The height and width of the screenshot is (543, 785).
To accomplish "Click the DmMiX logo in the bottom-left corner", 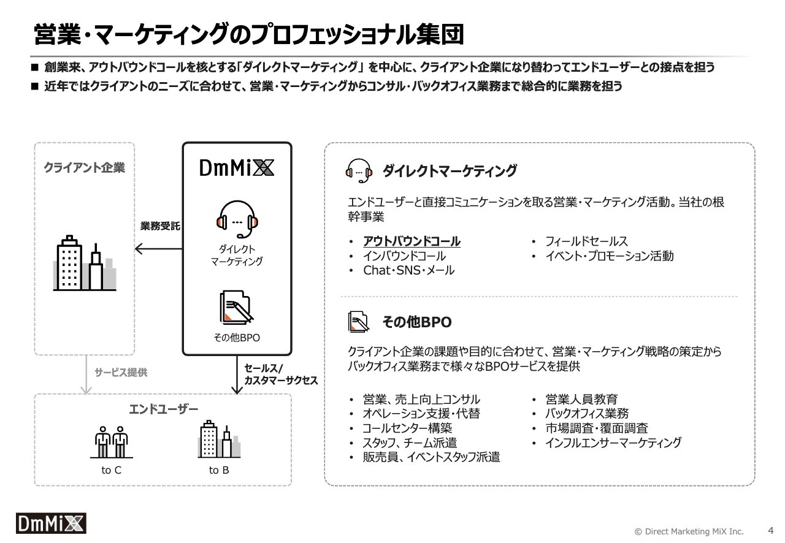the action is pos(51,523).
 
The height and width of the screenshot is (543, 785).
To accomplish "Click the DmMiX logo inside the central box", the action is pos(237,167).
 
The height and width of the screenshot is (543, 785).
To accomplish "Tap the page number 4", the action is pos(771,530).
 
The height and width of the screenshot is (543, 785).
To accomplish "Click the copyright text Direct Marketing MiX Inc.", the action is pos(689,531).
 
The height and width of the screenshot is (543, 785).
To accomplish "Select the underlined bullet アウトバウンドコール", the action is pos(412,241).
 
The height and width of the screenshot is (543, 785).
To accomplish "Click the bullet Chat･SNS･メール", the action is pos(408,270).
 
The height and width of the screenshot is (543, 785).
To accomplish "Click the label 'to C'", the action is pos(112,470).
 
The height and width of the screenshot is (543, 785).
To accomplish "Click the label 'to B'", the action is pos(219,470).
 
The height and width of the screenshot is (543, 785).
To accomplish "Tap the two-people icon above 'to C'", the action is pos(112,442).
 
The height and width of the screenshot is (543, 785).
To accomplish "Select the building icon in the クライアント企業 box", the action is pos(85,263).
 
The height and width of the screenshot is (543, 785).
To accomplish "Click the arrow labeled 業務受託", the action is pos(159,249).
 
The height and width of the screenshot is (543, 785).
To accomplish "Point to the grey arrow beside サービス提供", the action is pos(86,374).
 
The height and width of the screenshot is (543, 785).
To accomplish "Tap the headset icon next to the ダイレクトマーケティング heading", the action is pos(359,170).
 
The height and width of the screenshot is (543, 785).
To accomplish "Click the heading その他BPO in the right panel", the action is pos(417,322).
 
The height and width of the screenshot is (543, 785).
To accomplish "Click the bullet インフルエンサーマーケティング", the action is pos(613,443).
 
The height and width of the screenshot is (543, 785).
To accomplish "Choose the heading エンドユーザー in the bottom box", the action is pos(163,409).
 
